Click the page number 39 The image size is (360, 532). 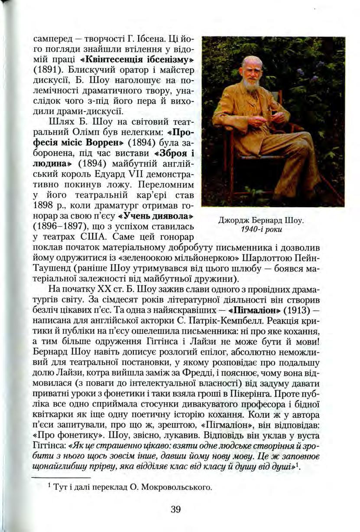[175, 509]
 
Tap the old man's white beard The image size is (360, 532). [251, 83]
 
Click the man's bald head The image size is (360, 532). [251, 61]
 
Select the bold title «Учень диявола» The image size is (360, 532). [155, 215]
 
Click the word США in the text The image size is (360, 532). [89, 238]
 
